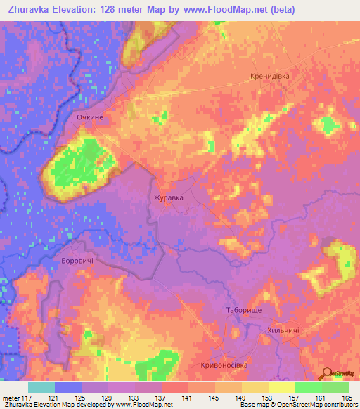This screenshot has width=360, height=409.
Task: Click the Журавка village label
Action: (x=169, y=198)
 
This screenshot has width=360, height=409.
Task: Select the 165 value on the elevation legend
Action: (x=347, y=398)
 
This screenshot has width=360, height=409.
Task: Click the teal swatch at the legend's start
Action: (x=41, y=387)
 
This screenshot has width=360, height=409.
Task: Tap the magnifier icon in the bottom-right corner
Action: (x=326, y=374)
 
